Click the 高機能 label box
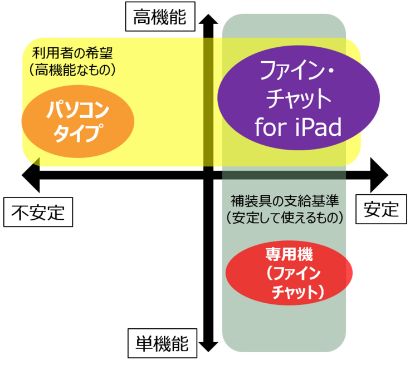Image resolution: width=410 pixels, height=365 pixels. coord(160,17)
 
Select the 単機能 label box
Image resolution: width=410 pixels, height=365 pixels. coord(162,343)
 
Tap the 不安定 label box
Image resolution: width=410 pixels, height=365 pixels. coord(38,212)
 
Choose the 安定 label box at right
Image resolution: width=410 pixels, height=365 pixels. coord(381,209)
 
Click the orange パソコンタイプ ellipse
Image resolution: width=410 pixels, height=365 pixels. coord(78,121)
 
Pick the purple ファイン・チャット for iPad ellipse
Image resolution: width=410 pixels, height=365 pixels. coord(299,98)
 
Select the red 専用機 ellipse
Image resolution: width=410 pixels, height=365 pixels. coord(289,273)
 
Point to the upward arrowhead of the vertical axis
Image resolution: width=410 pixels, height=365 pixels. coord(208,19)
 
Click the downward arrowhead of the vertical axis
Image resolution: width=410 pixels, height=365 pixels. coord(208,347)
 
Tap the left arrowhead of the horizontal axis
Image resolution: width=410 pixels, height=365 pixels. coord(31,175)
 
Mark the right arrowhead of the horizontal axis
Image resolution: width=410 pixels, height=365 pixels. coord(379,175)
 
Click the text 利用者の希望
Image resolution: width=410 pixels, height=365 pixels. coord(72,53)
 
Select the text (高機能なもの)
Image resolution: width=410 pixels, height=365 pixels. coord(72,70)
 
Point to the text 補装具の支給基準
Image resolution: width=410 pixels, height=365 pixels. coord(285,201)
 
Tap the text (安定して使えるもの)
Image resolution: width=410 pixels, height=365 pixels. coord(285,218)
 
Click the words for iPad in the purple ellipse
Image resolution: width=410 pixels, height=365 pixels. coord(298,127)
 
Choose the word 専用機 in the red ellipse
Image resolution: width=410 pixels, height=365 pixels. coord(289,254)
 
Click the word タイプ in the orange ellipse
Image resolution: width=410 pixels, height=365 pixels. coord(78,133)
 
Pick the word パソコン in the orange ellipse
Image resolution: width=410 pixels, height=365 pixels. coord(78,110)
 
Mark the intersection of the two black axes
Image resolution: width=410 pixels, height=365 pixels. coord(208,175)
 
